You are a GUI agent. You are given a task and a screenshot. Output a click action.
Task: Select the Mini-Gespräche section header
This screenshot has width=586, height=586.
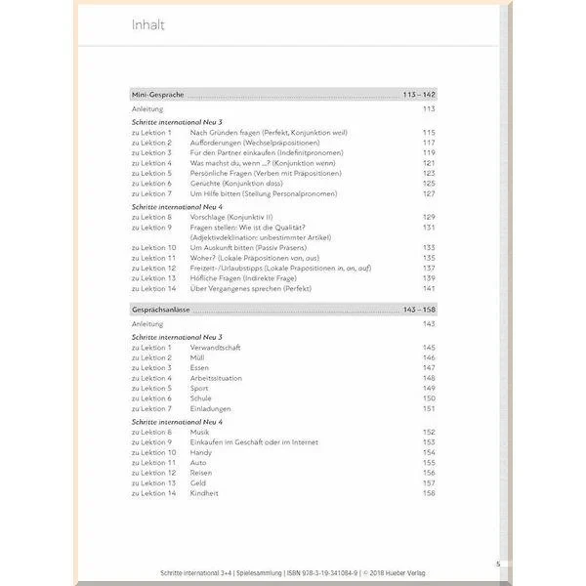pyautogui.click(x=157, y=95)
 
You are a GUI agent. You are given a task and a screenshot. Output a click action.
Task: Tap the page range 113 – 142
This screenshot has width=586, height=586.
pyautogui.click(x=418, y=95)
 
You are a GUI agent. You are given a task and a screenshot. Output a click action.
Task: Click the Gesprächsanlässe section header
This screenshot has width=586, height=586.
pyautogui.click(x=161, y=309)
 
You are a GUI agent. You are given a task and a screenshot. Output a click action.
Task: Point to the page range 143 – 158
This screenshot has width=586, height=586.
pyautogui.click(x=418, y=309)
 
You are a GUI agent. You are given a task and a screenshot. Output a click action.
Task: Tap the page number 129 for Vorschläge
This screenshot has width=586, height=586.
pyautogui.click(x=428, y=217)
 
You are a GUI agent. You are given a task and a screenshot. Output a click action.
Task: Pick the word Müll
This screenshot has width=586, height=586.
pyautogui.click(x=197, y=357)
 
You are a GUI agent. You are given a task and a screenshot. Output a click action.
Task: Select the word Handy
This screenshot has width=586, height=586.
pyautogui.click(x=201, y=452)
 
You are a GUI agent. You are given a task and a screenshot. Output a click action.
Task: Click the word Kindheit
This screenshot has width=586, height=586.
pyautogui.click(x=205, y=493)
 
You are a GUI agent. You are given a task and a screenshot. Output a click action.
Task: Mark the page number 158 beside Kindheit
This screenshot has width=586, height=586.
pyautogui.click(x=428, y=493)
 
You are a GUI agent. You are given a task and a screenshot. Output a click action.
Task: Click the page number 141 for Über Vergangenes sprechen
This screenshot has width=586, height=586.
pyautogui.click(x=428, y=288)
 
